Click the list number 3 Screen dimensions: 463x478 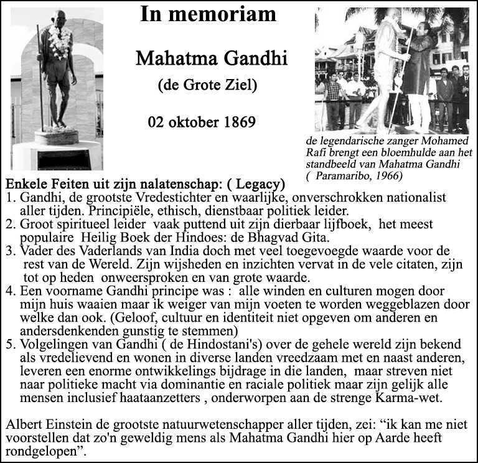[x=9, y=251]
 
